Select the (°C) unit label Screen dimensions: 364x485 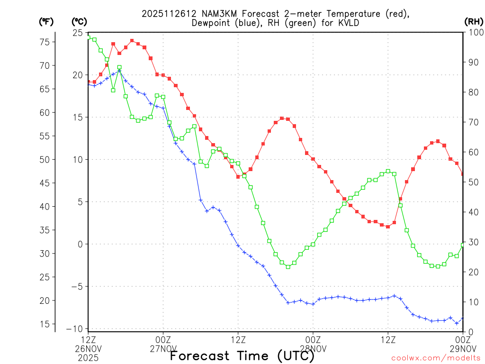coord(79,21)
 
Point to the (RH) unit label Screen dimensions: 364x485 coord(473,21)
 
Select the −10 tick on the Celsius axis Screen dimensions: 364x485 coord(76,329)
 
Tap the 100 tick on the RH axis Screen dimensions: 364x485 coord(474,33)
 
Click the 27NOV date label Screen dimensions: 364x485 coord(163,348)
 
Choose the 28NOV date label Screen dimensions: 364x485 coord(313,348)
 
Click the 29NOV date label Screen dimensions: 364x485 coord(463,348)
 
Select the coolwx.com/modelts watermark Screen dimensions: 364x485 coord(436,358)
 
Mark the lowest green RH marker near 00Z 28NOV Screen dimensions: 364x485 coord(288,267)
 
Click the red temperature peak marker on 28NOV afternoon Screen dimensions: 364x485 coord(438,141)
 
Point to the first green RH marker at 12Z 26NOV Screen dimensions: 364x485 coord(89,38)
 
